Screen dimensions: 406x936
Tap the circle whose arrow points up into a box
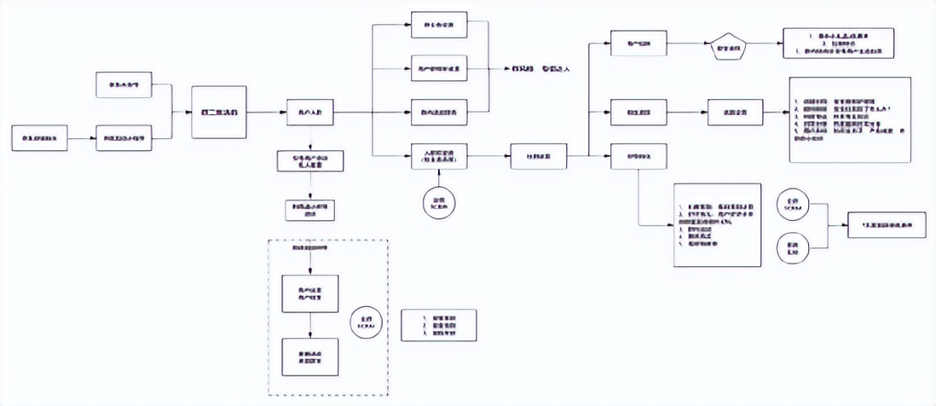[x=439, y=201]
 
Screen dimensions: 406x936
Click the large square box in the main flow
[x=218, y=112]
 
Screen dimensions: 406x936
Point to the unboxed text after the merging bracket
[x=534, y=68]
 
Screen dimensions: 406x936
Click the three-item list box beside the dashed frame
[x=438, y=325]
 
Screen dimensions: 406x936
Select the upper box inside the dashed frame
[x=309, y=293]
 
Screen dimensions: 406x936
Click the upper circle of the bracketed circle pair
[x=789, y=208]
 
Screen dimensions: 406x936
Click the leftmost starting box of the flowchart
[x=41, y=136]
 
